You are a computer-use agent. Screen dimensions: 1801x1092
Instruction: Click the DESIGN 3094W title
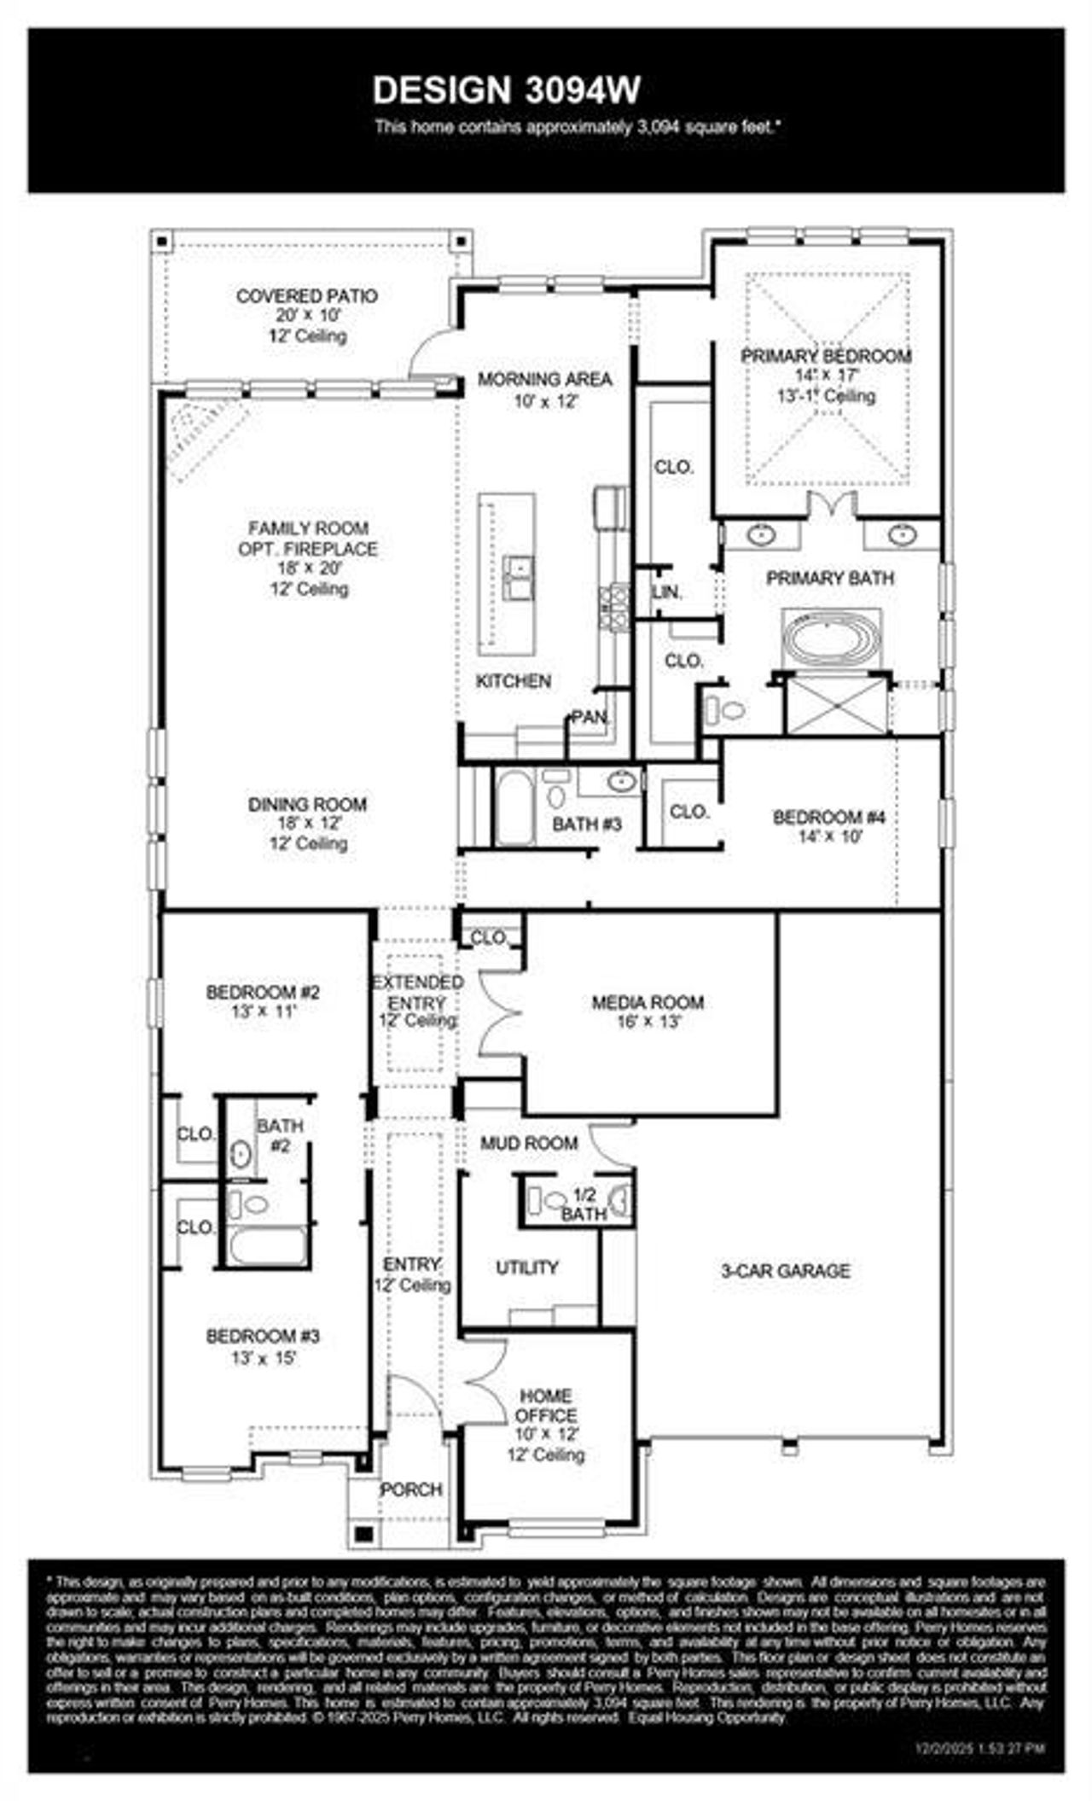coord(507,90)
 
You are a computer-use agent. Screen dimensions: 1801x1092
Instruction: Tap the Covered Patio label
coord(306,296)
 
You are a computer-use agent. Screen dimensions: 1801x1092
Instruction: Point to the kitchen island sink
coord(517,577)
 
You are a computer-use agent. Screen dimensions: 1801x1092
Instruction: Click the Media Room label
coord(648,1002)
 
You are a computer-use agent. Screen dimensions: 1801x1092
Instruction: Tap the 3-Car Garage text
coord(785,1271)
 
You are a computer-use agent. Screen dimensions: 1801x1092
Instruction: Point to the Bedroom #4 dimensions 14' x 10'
coord(830,836)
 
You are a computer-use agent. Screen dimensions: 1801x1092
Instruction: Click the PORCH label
coord(411,1489)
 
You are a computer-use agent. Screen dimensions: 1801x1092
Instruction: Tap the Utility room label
coord(527,1268)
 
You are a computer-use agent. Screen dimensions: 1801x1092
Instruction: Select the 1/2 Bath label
coord(584,1204)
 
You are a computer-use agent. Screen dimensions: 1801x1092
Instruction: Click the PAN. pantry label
coord(590,718)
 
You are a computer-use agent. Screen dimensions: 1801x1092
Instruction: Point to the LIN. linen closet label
coord(667,592)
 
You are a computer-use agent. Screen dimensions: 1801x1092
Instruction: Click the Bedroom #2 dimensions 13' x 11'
coord(263,1011)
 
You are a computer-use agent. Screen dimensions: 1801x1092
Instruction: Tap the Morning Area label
coord(544,379)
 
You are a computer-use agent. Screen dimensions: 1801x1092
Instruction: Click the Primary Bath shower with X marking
coord(835,704)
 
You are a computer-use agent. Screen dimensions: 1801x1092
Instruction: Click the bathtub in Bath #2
coord(267,1246)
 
